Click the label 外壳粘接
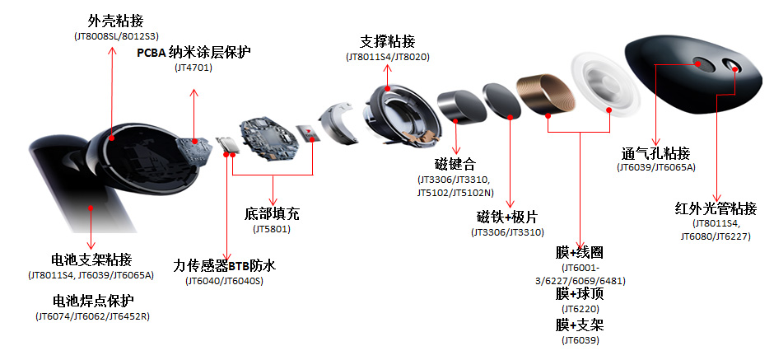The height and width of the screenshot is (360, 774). point(115,21)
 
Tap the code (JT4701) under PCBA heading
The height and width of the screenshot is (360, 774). point(193,68)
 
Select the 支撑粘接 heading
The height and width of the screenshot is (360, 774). point(388,41)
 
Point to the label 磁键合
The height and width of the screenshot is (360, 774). point(455,163)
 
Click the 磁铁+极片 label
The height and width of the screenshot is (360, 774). point(507,217)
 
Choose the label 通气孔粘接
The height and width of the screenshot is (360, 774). point(655,153)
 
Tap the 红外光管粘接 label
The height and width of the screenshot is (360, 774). point(716,208)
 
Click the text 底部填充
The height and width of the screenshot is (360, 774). point(272,214)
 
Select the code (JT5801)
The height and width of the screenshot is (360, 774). point(272,229)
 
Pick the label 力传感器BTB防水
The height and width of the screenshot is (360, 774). point(225,266)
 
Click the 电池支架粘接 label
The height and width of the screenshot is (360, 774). point(92,259)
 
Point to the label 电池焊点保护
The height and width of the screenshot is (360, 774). point(93,301)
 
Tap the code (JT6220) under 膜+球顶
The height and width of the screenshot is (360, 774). point(580,309)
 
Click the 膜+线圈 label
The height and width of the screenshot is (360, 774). point(580,253)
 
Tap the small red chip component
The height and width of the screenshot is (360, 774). point(307,133)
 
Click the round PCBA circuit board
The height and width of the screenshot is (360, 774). point(270,138)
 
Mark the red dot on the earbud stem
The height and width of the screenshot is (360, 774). point(91,208)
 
